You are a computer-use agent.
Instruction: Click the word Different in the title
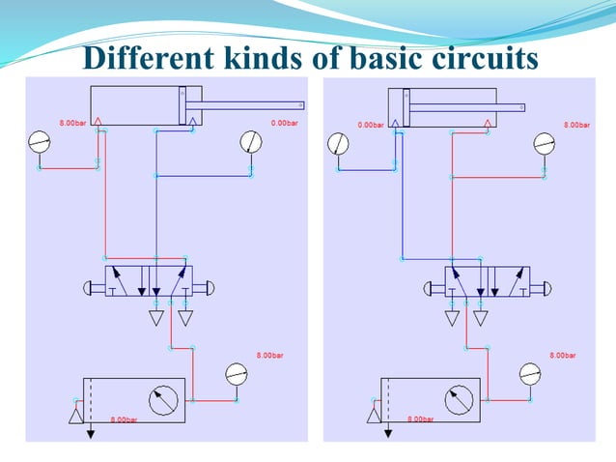(x=144, y=59)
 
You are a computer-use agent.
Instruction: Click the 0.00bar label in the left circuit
(x=284, y=123)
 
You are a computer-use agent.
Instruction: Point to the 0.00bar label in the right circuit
(x=371, y=125)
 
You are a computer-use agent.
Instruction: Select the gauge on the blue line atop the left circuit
(x=250, y=143)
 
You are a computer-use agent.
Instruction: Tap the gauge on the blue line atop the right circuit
(x=339, y=144)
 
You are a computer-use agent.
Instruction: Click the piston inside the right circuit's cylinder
(x=406, y=104)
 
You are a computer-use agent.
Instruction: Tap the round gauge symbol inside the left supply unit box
(x=165, y=399)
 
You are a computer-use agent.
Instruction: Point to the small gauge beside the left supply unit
(x=237, y=374)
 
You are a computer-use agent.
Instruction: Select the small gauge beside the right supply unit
(x=531, y=374)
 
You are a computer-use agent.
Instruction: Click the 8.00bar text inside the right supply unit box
(x=420, y=419)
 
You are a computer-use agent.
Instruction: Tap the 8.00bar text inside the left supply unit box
(x=124, y=419)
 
